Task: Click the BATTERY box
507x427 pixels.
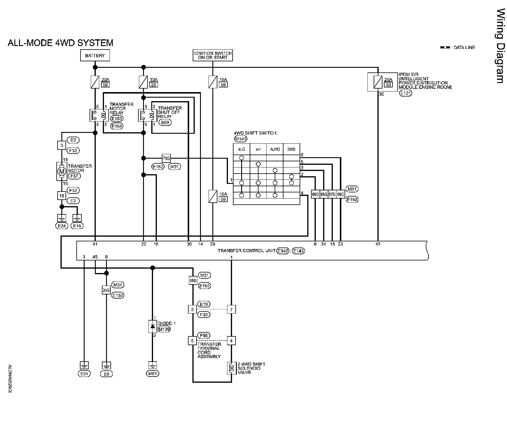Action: click(95, 55)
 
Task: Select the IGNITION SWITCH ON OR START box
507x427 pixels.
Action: click(213, 55)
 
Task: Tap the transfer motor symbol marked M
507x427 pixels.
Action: click(62, 171)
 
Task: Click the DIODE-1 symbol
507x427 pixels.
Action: click(152, 326)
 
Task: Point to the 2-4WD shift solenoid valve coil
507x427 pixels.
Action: click(231, 368)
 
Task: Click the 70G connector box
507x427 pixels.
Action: click(166, 158)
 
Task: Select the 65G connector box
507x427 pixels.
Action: click(193, 281)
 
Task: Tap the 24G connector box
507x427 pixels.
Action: click(106, 290)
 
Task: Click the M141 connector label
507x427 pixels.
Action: click(241, 139)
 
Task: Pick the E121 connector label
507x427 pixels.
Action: click(406, 93)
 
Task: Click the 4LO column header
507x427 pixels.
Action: click(241, 149)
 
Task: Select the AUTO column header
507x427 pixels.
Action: click(275, 149)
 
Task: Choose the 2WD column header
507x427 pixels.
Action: click(291, 149)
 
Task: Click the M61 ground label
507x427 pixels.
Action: click(152, 374)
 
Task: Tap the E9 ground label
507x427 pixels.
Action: click(106, 374)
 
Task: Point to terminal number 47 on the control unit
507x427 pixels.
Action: click(378, 244)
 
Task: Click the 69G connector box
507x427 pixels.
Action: click(315, 194)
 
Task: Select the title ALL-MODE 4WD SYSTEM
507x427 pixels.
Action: click(60, 43)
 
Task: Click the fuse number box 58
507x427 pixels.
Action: click(105, 85)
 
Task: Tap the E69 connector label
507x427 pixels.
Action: click(165, 123)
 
